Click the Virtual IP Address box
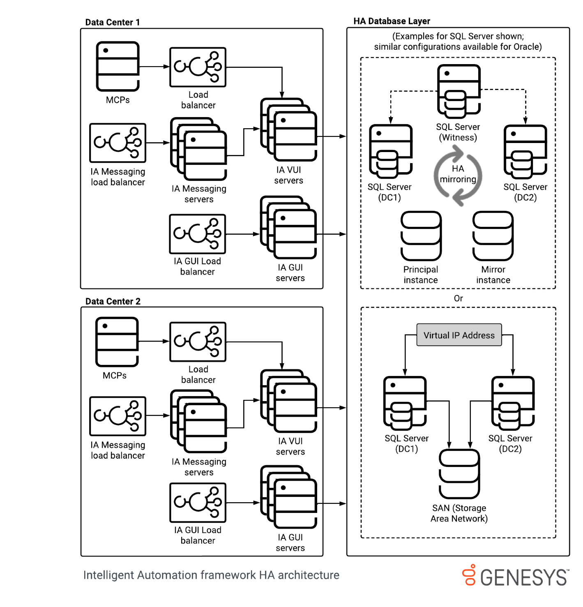click(x=459, y=335)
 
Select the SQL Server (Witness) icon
click(x=459, y=91)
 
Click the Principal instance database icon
click(x=421, y=236)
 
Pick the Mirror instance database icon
click(x=493, y=236)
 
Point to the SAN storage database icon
click(x=459, y=474)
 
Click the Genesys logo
click(x=516, y=576)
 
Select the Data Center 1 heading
click(x=112, y=22)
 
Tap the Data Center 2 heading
click(x=113, y=301)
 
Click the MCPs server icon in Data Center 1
click(x=118, y=66)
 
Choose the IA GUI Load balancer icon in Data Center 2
click(x=198, y=502)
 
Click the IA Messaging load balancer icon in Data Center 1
click(x=118, y=143)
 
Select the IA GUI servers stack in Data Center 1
click(x=289, y=228)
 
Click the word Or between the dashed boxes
click(x=458, y=298)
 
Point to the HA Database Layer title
click(x=392, y=21)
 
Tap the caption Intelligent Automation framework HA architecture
click(x=211, y=575)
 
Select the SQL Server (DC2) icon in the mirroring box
click(x=525, y=150)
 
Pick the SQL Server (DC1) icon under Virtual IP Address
click(x=405, y=402)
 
